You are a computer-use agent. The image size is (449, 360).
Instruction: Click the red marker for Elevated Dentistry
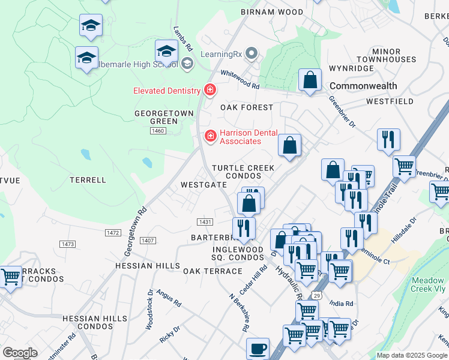(x=209, y=91)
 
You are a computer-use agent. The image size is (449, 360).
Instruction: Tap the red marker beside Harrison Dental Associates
(x=210, y=136)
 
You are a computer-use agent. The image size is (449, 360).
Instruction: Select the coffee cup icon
(x=258, y=348)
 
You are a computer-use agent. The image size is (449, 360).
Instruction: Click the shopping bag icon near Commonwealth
(x=310, y=80)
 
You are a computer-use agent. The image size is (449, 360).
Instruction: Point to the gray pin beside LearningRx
(x=251, y=54)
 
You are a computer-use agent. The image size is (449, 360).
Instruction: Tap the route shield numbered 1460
(x=158, y=131)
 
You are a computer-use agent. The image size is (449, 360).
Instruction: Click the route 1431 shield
(x=205, y=222)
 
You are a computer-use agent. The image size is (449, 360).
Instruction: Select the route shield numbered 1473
(x=68, y=244)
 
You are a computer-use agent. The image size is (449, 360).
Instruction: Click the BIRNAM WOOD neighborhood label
(x=272, y=11)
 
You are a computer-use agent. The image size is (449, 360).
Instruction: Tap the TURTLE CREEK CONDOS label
(x=243, y=172)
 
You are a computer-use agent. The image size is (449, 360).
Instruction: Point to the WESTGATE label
(x=203, y=185)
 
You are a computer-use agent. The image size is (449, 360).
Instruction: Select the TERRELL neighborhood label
(x=88, y=179)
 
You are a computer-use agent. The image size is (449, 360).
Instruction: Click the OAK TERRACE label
(x=212, y=271)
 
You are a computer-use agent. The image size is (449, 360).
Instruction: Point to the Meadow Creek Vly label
(x=428, y=285)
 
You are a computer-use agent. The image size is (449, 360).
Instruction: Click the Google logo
(x=20, y=353)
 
